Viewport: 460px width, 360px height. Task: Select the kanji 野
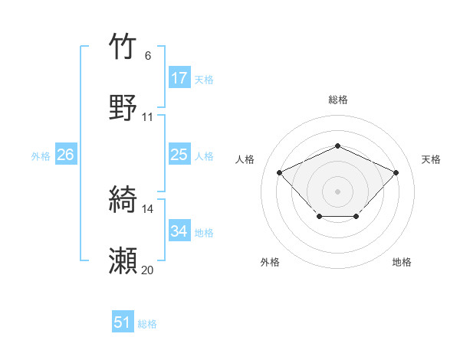(123, 107)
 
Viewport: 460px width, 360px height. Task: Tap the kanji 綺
(123, 200)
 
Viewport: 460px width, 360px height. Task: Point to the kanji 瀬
(123, 261)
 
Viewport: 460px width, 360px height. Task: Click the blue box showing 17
(179, 78)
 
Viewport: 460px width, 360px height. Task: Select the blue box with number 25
(179, 155)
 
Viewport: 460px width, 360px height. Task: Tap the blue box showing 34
(179, 231)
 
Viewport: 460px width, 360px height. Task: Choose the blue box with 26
(65, 155)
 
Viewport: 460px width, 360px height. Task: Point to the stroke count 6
(147, 56)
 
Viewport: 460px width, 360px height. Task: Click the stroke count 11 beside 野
(147, 117)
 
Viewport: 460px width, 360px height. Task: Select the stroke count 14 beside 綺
(147, 209)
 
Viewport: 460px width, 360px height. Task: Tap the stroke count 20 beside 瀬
(147, 270)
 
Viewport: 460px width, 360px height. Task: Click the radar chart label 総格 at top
(337, 100)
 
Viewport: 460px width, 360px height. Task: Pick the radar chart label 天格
(431, 159)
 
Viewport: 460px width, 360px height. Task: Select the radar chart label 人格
(245, 159)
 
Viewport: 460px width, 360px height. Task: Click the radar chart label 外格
(270, 262)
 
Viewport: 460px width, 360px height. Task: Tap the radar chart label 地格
(402, 262)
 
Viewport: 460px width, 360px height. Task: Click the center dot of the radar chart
(337, 191)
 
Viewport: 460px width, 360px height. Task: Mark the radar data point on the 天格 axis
(396, 172)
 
